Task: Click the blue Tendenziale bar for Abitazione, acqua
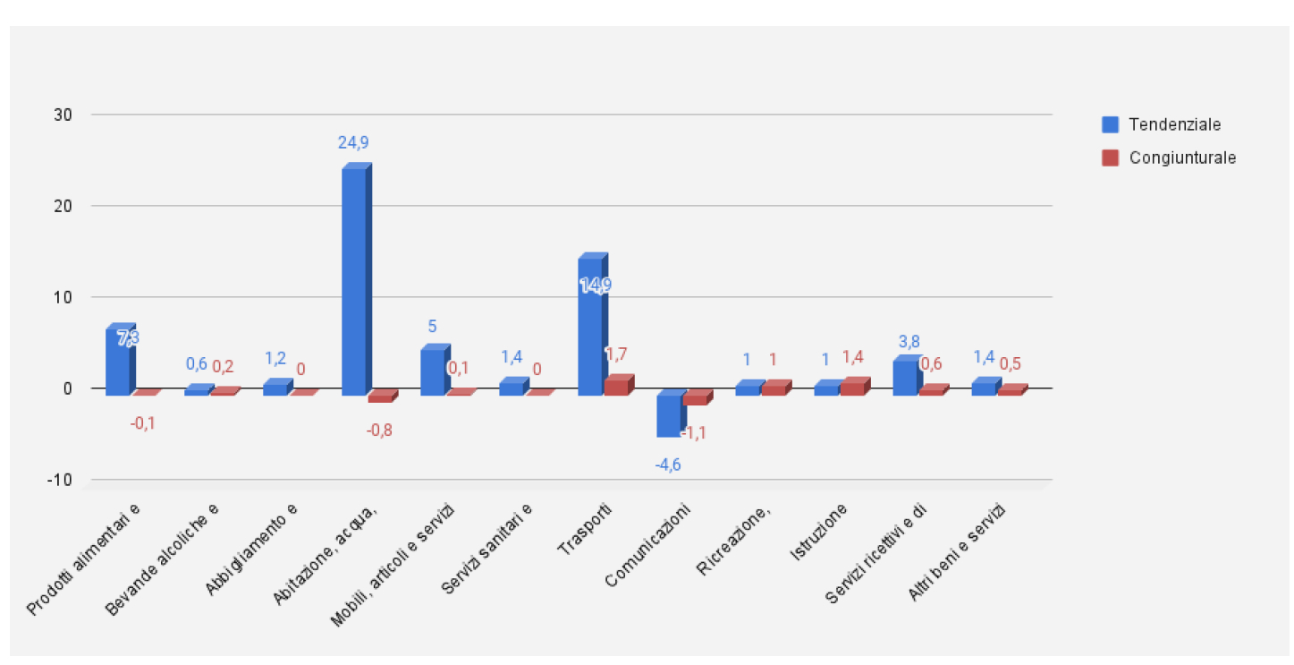coord(354,281)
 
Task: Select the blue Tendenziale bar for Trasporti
coord(590,327)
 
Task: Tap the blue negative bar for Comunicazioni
coord(668,415)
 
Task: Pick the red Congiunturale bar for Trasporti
coord(616,386)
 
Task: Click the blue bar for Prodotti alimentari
coord(118,362)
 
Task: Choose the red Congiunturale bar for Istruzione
coord(852,388)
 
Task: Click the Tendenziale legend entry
coord(1162,124)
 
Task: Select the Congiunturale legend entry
coord(1171,158)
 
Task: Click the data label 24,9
coord(354,142)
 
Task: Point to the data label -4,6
coord(668,465)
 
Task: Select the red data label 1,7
coord(615,354)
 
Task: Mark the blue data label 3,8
coord(908,341)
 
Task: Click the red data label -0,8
coord(379,430)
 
